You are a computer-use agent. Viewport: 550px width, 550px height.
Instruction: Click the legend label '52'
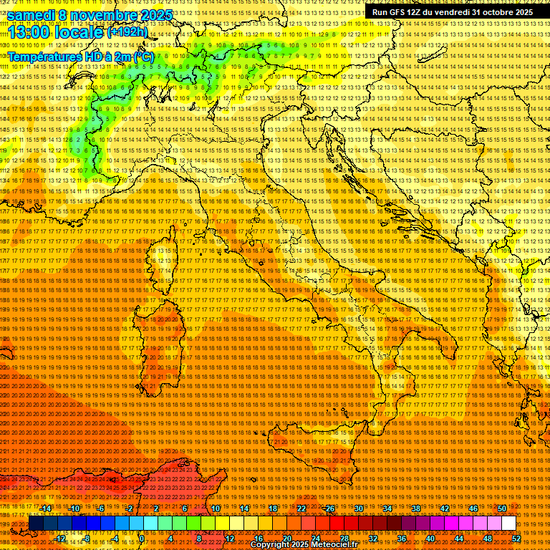pyautogui.click(x=516, y=538)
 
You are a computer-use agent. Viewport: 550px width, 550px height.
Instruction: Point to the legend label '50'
pyautogui.click(x=502, y=508)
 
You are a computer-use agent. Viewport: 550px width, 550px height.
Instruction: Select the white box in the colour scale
pyautogui.click(x=508, y=524)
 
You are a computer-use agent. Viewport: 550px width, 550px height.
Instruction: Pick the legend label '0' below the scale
pyautogui.click(x=142, y=538)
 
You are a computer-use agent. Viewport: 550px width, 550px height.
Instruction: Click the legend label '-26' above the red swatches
pyautogui.click(x=329, y=508)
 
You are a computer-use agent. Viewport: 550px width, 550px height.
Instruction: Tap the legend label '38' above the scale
pyautogui.click(x=415, y=508)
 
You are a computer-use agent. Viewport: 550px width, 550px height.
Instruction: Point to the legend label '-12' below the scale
pyautogui.click(x=60, y=538)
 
